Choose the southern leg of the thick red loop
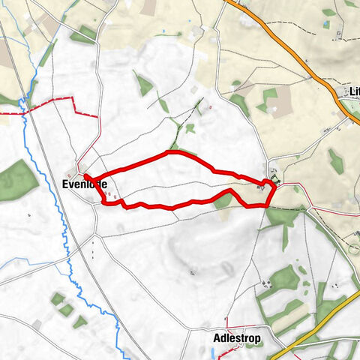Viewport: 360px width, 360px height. [172, 206]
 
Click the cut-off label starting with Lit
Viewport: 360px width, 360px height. [353, 92]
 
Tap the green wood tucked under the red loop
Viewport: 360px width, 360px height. [223, 200]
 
